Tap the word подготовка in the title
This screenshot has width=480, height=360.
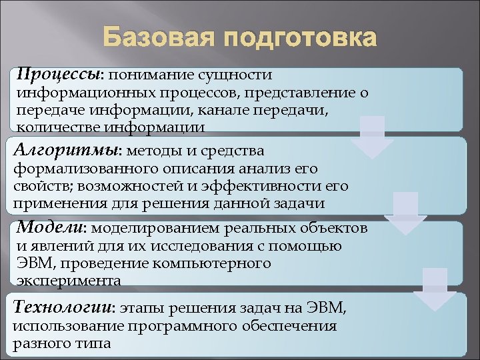[x=300, y=39]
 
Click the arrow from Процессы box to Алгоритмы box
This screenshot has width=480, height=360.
[x=372, y=137]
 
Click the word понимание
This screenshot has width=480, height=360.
[x=148, y=75]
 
